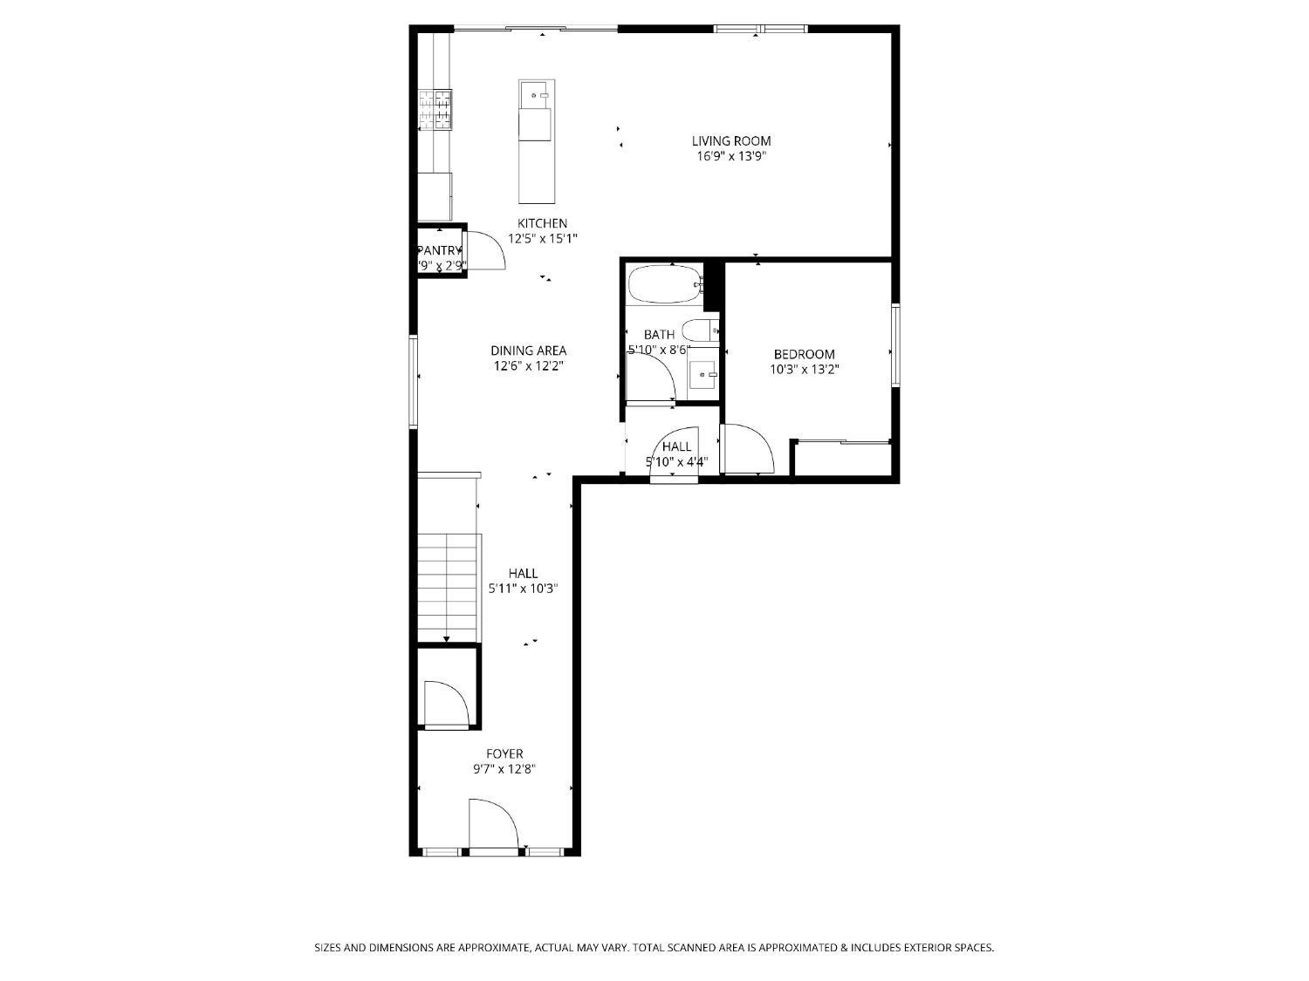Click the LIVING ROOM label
pos(730,140)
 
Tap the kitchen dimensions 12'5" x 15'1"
pos(543,238)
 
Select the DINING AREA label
pos(528,351)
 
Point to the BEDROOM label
pos(804,354)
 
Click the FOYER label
pos(504,753)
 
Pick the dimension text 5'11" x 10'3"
pos(523,589)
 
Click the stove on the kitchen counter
pos(435,110)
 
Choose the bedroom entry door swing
pos(748,448)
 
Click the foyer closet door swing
pos(446,703)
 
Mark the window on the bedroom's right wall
pos(894,344)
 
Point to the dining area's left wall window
pos(415,381)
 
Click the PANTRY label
pos(439,250)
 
